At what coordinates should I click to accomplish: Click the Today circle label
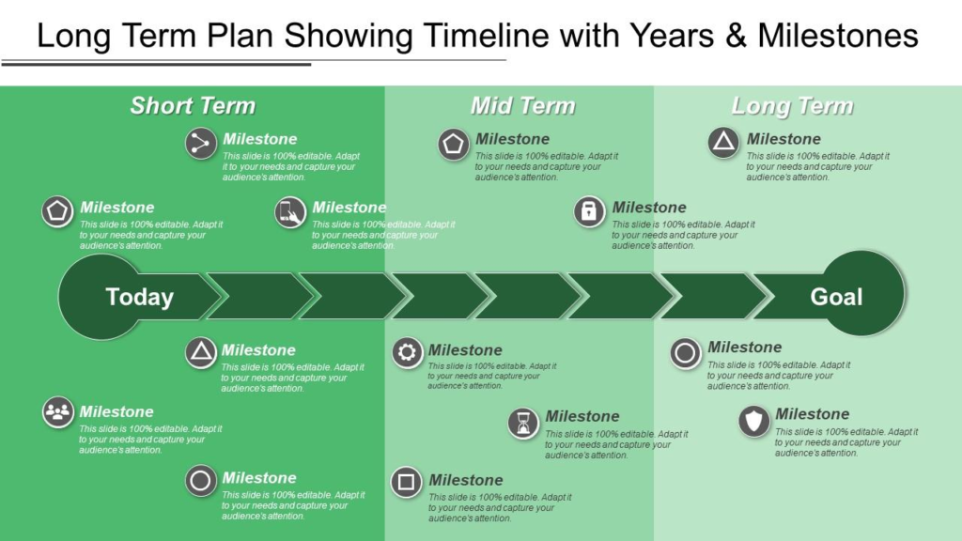140,297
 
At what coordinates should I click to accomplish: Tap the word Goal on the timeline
836,297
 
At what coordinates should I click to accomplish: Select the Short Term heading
193,105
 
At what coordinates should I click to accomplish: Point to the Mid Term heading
522,105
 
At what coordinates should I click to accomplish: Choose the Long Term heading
792,106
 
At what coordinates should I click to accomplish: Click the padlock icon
589,211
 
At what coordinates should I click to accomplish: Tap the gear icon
408,353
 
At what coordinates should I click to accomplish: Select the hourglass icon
523,424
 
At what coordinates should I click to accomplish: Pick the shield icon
754,422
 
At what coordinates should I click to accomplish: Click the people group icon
57,412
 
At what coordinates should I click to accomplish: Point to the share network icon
201,144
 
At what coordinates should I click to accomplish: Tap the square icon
406,482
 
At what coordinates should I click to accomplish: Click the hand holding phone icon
290,212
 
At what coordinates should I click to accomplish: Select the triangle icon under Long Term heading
723,143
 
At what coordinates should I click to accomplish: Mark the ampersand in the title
736,36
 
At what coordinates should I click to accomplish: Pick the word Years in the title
673,35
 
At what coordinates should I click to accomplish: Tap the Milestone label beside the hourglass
582,416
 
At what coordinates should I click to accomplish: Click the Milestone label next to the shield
813,414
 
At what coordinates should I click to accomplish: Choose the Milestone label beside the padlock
649,208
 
